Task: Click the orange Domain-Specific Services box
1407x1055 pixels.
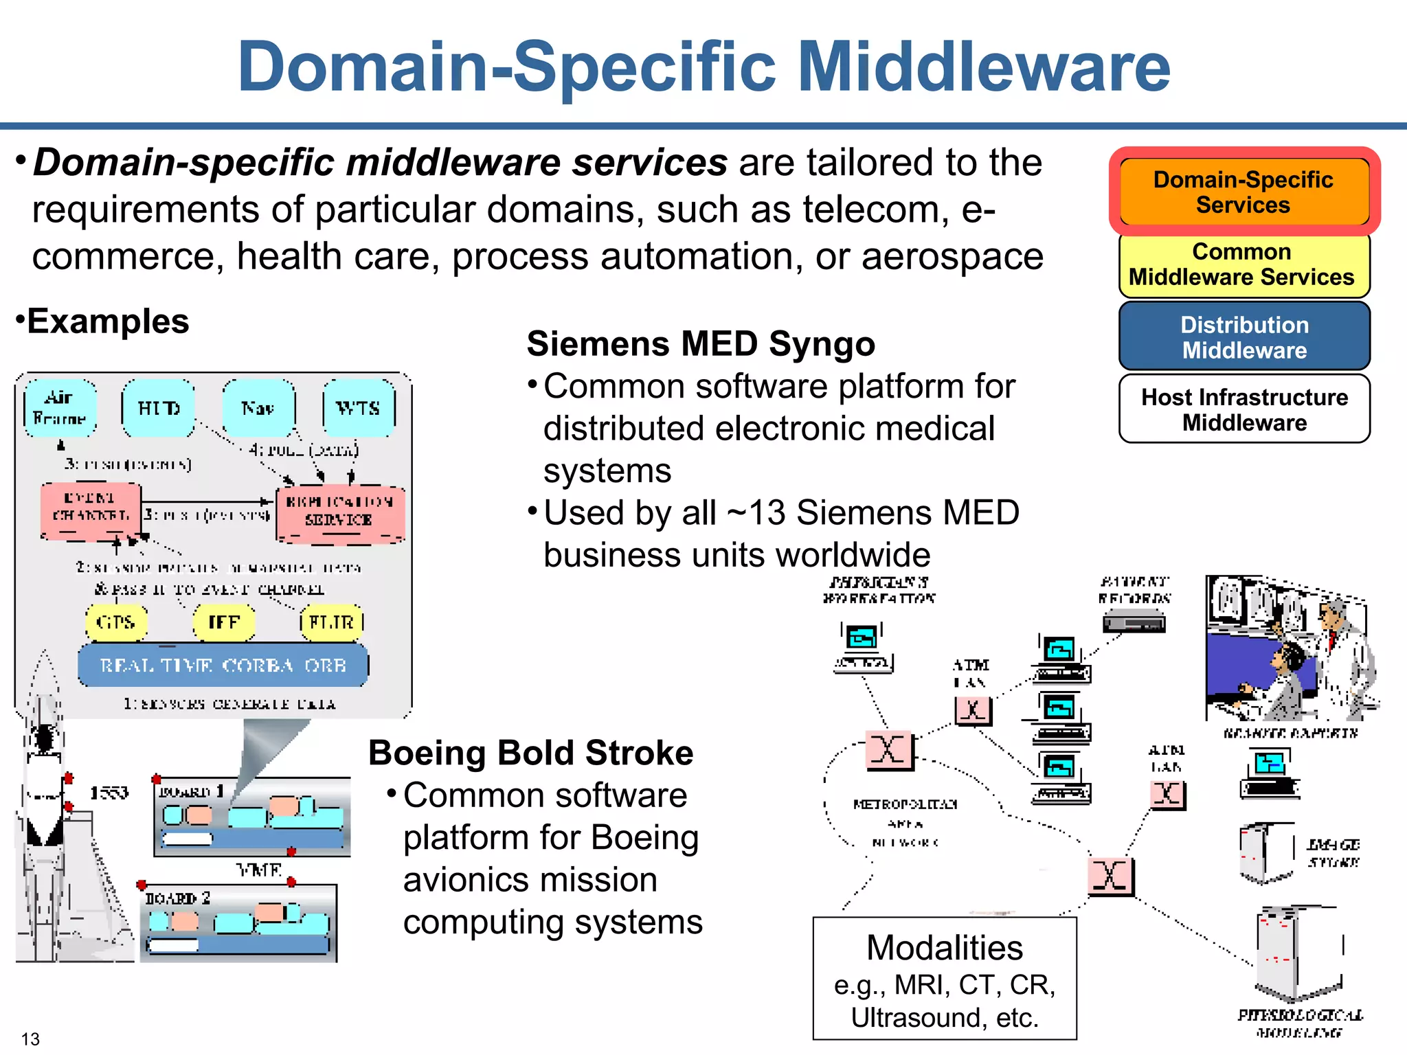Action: click(1243, 192)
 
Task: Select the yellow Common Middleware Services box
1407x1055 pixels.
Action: click(1243, 264)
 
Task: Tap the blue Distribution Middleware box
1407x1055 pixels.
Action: click(1243, 337)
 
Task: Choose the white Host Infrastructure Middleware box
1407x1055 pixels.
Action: click(1243, 409)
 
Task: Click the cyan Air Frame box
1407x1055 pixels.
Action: click(60, 408)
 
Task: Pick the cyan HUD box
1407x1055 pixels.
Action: click(159, 408)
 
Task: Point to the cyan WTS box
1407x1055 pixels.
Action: click(358, 408)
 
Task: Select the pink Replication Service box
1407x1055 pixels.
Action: click(339, 512)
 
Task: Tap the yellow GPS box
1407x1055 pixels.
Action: click(115, 622)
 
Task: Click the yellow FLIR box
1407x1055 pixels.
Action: click(331, 622)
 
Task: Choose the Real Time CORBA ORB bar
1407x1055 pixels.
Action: click(223, 665)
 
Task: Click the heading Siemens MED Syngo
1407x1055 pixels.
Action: click(701, 343)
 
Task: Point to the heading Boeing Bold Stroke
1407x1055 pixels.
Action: click(530, 753)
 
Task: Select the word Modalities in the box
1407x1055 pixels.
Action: click(944, 948)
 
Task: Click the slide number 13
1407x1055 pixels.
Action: click(30, 1039)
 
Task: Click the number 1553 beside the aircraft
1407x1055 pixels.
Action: click(109, 793)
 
